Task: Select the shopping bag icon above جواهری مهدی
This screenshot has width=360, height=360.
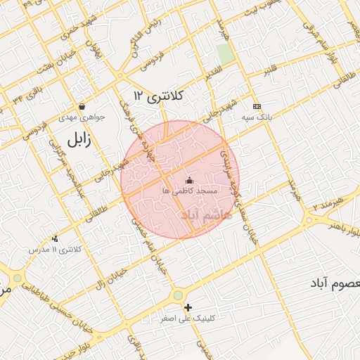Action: [x=82, y=107]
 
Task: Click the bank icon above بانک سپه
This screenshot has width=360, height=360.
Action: [x=257, y=105]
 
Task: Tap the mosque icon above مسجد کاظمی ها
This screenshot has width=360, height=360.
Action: [x=188, y=180]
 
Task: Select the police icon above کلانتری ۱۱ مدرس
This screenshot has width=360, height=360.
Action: [x=55, y=239]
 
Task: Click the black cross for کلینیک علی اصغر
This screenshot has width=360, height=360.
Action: [x=188, y=307]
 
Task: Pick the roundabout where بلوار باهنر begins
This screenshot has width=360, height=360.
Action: [x=309, y=221]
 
